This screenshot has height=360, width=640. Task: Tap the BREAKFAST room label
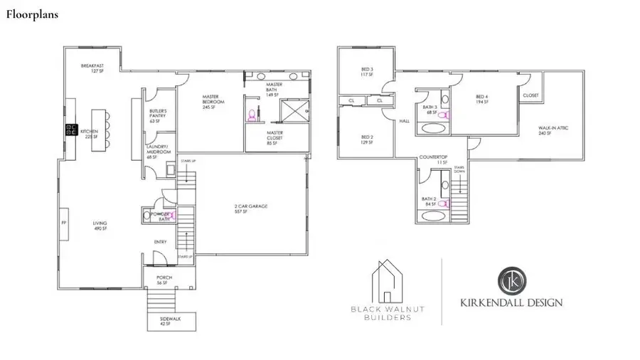[92, 68]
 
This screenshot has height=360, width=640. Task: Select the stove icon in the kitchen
[71, 129]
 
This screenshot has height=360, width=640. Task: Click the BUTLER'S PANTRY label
[158, 117]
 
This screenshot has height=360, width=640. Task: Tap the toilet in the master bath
[251, 114]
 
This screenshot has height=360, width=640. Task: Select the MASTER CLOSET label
[276, 137]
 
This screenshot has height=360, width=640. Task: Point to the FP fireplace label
[64, 223]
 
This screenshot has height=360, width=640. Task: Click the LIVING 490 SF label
[100, 226]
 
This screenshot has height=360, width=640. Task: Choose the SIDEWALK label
[171, 322]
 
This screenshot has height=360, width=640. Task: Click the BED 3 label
[367, 72]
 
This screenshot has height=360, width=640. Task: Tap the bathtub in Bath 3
[433, 128]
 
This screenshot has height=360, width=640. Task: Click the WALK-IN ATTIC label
[549, 130]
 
